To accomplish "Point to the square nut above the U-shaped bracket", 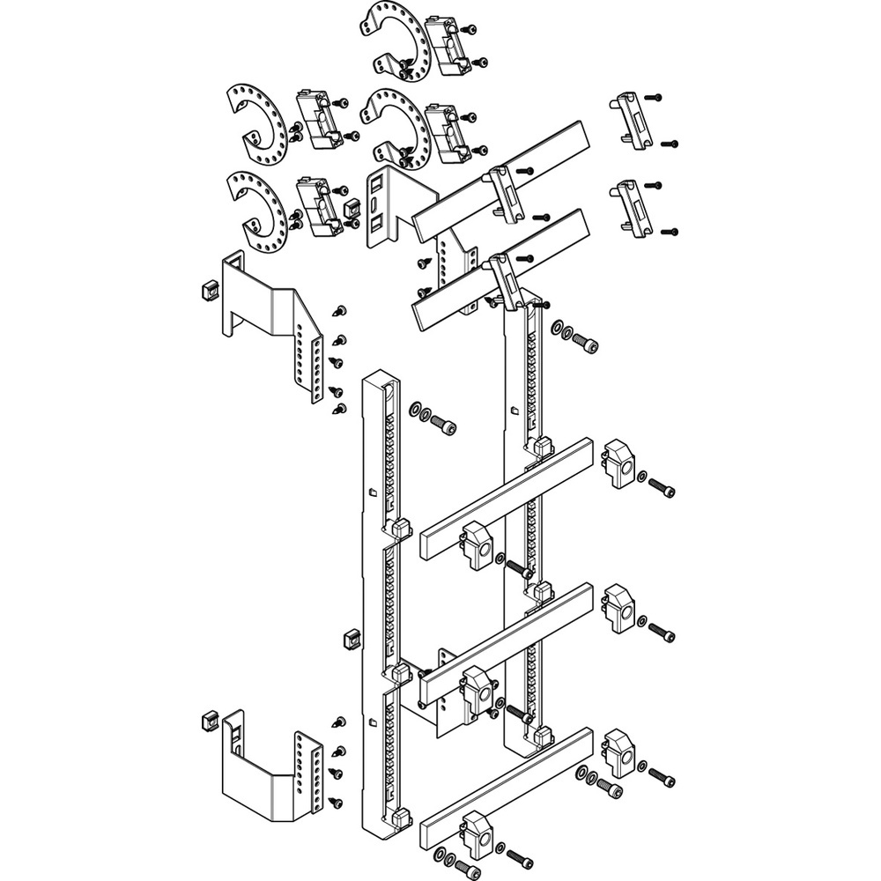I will [211, 721].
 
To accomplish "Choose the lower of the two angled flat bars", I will [498, 269].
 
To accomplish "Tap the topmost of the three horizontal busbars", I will [506, 498].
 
